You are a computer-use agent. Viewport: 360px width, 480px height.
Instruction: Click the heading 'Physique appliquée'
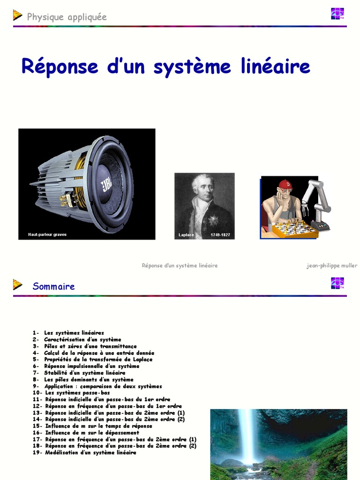[x=67, y=17]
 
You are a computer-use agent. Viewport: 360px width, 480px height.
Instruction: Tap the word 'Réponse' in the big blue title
[x=60, y=67]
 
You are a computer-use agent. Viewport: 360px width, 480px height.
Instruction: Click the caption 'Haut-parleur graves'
[x=47, y=234]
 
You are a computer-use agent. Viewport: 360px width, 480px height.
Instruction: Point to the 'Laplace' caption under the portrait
[x=186, y=235]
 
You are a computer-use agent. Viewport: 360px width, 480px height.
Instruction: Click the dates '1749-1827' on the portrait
[x=220, y=235]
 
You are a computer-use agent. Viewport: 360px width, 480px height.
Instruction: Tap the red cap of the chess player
[x=285, y=185]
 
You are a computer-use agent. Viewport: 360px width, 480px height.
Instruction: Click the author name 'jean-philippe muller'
[x=332, y=265]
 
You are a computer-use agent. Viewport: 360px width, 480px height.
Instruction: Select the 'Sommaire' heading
[x=53, y=286]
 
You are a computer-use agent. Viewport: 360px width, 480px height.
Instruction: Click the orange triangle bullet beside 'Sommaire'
[x=17, y=285]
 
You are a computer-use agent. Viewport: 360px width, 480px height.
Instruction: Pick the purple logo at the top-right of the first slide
[x=337, y=14]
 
